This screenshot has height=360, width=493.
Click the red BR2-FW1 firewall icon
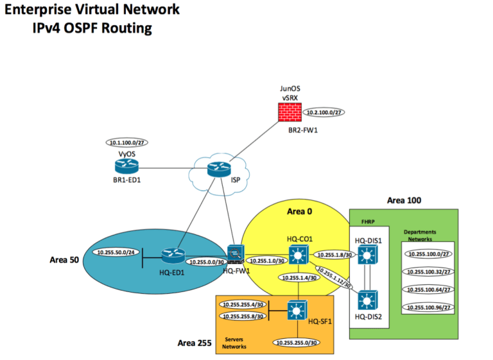[291, 113]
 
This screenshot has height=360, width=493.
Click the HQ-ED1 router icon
[173, 256]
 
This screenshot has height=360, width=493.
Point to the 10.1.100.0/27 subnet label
[127, 143]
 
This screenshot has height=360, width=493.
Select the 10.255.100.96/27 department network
[429, 308]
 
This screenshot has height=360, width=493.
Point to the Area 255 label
[195, 343]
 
